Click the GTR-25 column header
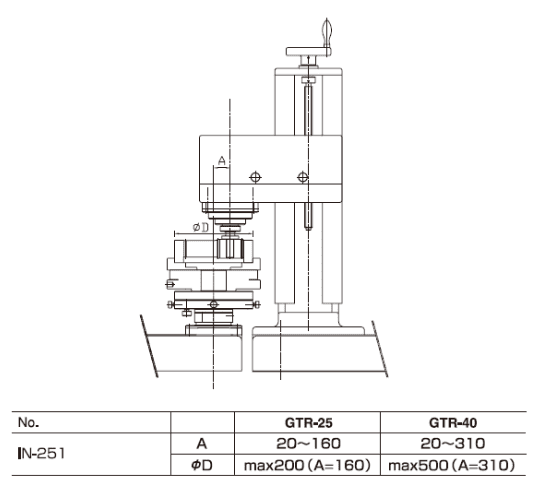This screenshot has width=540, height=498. pyautogui.click(x=309, y=423)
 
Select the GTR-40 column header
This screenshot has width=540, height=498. pyautogui.click(x=453, y=423)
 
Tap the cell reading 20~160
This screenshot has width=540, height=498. pyautogui.click(x=309, y=444)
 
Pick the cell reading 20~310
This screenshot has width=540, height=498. pyautogui.click(x=453, y=444)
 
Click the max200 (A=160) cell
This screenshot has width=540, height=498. pyautogui.click(x=307, y=465)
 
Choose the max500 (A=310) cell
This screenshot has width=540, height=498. pyautogui.click(x=451, y=465)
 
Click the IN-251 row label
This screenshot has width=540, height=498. pyautogui.click(x=41, y=454)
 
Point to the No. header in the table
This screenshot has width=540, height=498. pyautogui.click(x=29, y=422)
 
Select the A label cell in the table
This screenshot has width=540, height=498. pyautogui.click(x=202, y=444)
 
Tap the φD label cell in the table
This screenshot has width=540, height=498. pyautogui.click(x=202, y=465)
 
